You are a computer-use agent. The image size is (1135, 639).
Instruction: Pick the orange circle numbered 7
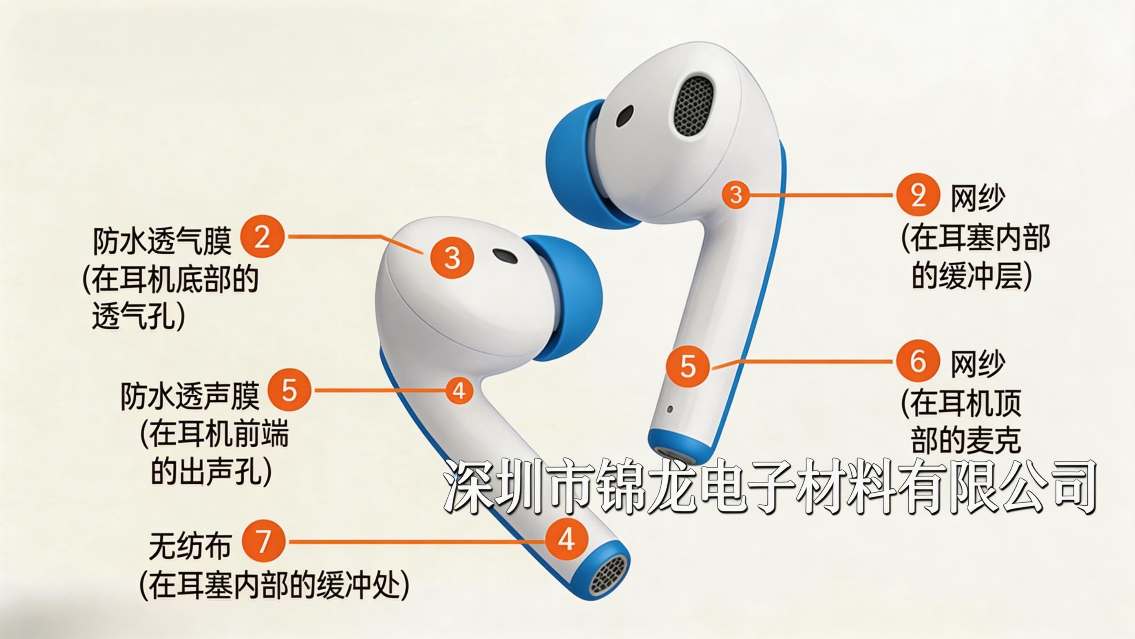(x=263, y=541)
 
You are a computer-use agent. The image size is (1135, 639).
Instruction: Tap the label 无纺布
(x=190, y=546)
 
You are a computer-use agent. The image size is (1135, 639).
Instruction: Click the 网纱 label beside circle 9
(x=978, y=198)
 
